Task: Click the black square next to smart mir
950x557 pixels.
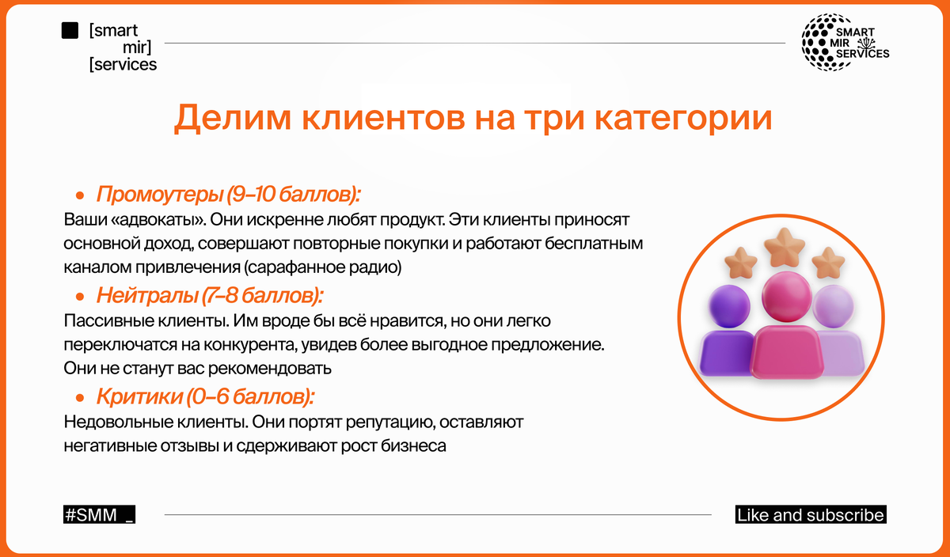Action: point(70,31)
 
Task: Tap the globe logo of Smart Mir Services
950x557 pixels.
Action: point(828,42)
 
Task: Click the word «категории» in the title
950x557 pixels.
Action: point(683,117)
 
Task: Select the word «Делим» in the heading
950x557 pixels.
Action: point(233,118)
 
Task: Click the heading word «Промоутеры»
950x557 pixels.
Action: point(159,194)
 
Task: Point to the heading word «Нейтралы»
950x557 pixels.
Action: point(146,295)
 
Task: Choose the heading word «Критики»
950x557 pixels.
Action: point(139,396)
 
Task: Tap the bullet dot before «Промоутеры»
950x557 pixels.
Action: point(80,195)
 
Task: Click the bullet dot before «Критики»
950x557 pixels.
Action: point(80,398)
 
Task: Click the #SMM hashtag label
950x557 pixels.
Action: point(99,514)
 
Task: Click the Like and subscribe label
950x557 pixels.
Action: point(811,514)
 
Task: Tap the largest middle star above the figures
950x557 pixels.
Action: point(785,248)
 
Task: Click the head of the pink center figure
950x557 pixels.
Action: point(786,297)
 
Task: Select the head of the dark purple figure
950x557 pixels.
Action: point(729,305)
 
